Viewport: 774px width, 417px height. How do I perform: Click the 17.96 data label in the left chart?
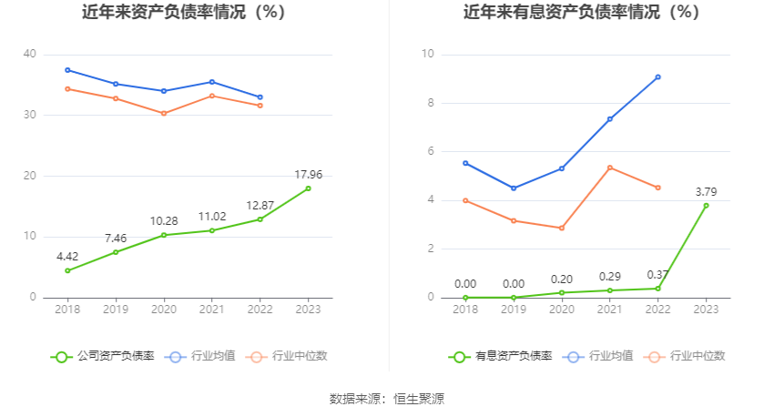pyautogui.click(x=308, y=174)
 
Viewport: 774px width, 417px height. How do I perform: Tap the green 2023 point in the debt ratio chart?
pyautogui.click(x=308, y=188)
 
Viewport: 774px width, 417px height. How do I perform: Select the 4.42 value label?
pyautogui.click(x=67, y=257)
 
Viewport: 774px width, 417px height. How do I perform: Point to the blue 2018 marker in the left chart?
pyautogui.click(x=67, y=70)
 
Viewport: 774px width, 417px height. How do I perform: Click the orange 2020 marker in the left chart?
pyautogui.click(x=164, y=114)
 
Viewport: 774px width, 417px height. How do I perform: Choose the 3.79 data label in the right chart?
pyautogui.click(x=706, y=191)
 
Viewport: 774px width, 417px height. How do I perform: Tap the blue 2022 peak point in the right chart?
pyautogui.click(x=657, y=77)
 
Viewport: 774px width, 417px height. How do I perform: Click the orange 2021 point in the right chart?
pyautogui.click(x=609, y=168)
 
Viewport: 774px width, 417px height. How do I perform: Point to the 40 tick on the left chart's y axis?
pyautogui.click(x=30, y=55)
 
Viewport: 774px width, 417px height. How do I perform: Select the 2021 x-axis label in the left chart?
pyautogui.click(x=212, y=310)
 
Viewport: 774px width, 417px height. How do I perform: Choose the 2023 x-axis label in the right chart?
pyautogui.click(x=706, y=310)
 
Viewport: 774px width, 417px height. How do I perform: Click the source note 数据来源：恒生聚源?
pyautogui.click(x=386, y=399)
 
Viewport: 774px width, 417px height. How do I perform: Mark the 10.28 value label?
pyautogui.click(x=164, y=220)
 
